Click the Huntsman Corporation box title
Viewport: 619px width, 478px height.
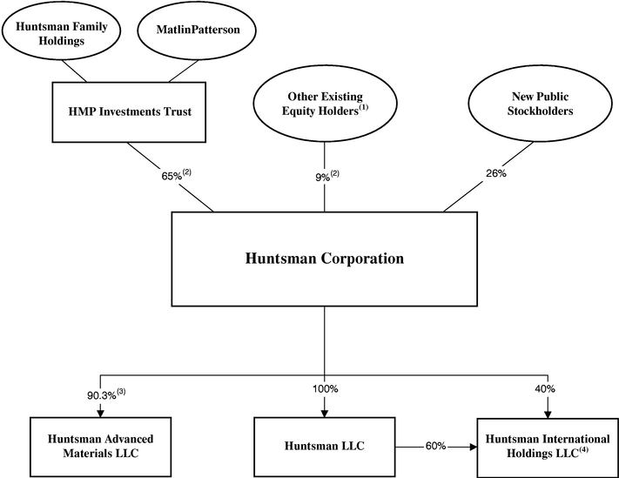coord(326,259)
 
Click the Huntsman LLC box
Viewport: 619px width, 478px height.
coord(326,446)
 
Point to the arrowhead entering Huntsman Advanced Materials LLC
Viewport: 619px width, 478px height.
coord(101,412)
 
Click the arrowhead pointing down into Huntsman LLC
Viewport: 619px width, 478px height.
coord(325,412)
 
